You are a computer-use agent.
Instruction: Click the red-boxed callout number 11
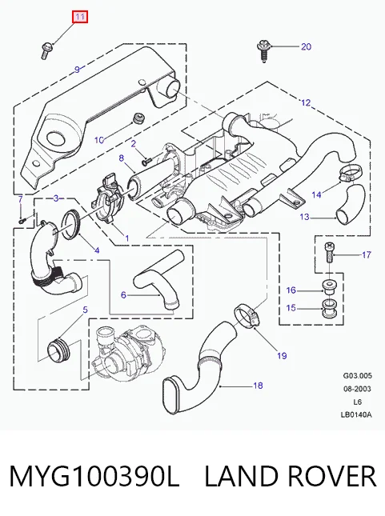80,17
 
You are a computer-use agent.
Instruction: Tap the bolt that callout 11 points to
45,50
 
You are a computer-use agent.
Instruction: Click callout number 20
306,46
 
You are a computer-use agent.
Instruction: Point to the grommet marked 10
138,118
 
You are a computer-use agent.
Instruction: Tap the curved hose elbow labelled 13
350,202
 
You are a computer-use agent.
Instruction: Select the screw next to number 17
330,253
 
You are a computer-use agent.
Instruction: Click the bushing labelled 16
328,288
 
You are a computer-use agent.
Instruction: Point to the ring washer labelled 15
328,309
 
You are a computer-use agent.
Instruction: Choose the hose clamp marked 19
247,316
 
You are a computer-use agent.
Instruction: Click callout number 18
258,385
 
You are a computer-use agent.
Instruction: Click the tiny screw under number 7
22,221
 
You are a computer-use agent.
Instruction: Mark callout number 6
123,294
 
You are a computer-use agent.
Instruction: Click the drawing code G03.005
357,375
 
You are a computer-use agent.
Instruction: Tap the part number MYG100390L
94,476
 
